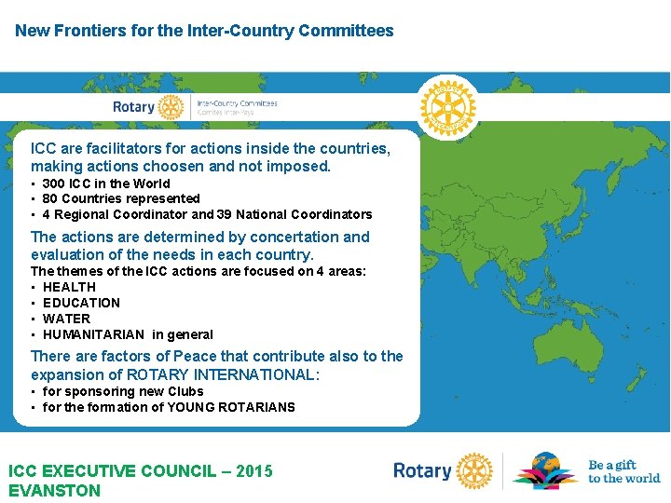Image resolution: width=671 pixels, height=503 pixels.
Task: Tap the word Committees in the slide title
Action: pyautogui.click(x=349, y=31)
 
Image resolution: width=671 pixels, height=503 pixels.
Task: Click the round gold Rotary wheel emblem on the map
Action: pyautogui.click(x=447, y=105)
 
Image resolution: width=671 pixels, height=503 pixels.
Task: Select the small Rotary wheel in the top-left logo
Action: pyautogui.click(x=171, y=106)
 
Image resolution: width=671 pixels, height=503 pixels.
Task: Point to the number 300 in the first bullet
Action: pyautogui.click(x=55, y=184)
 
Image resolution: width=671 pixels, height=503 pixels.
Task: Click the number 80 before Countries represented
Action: pyautogui.click(x=51, y=198)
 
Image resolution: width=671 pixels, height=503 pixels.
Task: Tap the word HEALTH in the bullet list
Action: pyautogui.click(x=69, y=287)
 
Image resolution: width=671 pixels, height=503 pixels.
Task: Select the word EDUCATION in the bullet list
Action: pyautogui.click(x=81, y=303)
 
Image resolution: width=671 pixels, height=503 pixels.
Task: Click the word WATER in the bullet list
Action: pyautogui.click(x=66, y=319)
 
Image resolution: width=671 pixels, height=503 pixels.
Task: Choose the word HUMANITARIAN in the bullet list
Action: pyautogui.click(x=93, y=334)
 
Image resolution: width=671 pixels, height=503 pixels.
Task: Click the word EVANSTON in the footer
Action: pyautogui.click(x=54, y=490)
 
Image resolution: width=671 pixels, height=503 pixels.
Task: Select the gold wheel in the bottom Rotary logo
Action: pyautogui.click(x=474, y=471)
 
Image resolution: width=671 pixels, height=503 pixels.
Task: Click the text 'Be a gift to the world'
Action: pyautogui.click(x=623, y=471)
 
